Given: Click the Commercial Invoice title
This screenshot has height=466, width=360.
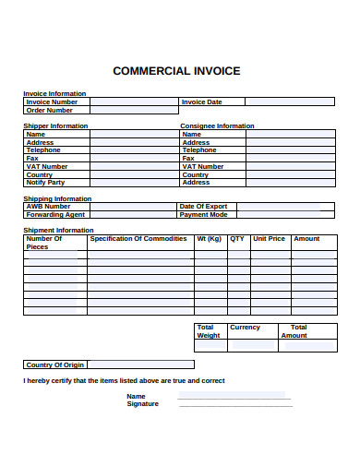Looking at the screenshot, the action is point(175,70).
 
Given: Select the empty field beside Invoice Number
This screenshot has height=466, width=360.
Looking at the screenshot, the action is point(134,102).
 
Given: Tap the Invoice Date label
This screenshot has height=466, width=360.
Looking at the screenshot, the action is point(202,102).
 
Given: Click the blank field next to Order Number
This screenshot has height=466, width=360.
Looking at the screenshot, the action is point(134,111).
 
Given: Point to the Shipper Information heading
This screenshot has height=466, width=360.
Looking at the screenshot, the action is point(55,125).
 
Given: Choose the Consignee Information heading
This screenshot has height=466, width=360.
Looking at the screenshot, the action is point(217,125).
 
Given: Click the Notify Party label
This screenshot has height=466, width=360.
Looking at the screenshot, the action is point(46,183).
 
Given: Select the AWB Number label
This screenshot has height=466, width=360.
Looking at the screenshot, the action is point(49,207).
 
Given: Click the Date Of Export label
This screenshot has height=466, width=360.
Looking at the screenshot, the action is point(204,207).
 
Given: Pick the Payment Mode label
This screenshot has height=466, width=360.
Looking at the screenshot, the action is point(204,215).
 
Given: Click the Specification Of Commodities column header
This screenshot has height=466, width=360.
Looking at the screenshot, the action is point(138,239).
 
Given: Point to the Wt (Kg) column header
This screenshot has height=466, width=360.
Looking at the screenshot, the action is point(210,239).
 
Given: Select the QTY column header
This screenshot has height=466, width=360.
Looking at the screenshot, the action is point(237,239).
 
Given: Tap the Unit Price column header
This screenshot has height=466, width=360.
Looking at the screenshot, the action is point(270,239).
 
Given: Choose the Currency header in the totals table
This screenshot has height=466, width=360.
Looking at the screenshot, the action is point(246,328).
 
